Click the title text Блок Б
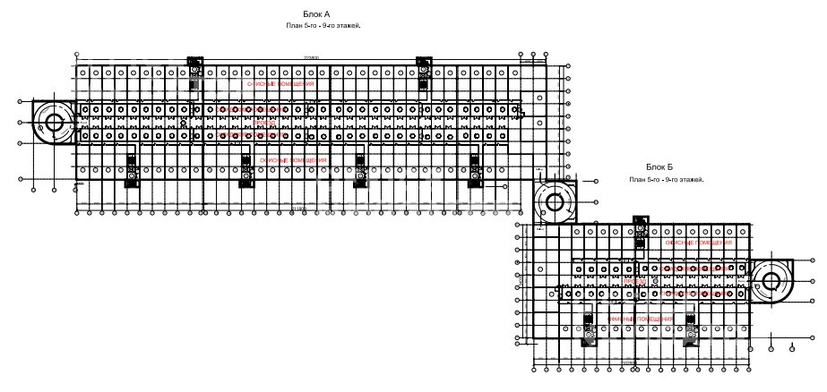pos(659,167)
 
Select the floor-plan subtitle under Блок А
pos(323,27)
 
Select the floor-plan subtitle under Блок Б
pos(667,180)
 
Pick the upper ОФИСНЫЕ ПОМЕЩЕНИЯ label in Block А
pos(280,83)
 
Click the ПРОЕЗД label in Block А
pos(266,123)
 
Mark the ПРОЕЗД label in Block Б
pos(635,281)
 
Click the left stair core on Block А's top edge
pos(195,72)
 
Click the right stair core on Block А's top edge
pos(424,72)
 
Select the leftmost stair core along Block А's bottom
pos(132,169)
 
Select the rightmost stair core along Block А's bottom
pos(475,169)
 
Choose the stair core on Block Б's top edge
pos(640,232)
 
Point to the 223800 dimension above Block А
pos(312,58)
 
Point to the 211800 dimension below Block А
pos(298,208)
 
